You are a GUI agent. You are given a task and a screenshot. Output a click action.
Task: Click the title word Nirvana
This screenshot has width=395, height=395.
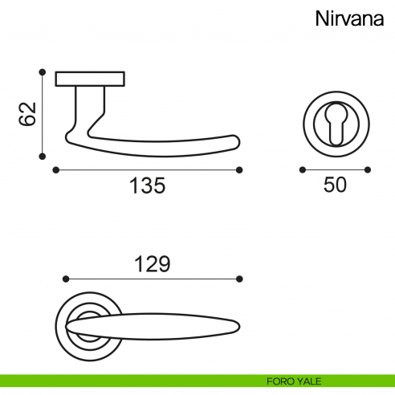(x=349, y=18)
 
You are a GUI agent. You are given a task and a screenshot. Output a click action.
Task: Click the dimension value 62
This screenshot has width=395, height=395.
(x=27, y=114)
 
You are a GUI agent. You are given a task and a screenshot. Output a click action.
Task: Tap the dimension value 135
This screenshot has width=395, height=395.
(x=148, y=185)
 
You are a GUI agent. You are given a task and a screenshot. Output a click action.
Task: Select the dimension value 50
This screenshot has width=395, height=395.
(x=335, y=185)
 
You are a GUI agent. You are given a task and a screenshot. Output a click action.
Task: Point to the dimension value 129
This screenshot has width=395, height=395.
(x=152, y=264)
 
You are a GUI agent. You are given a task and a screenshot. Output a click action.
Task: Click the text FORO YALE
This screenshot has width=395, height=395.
(x=294, y=381)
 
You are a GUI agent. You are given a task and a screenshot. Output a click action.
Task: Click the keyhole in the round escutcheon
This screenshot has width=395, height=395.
(x=336, y=124)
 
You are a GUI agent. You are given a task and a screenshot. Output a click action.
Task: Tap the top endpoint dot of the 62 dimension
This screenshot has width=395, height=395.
(x=43, y=72)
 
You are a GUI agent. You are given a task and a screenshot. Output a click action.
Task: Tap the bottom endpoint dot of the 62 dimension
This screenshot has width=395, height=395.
(x=43, y=157)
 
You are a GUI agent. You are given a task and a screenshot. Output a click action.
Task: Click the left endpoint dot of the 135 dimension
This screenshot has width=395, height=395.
(x=55, y=170)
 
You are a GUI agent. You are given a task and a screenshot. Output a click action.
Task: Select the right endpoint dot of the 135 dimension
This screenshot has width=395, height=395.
(x=239, y=170)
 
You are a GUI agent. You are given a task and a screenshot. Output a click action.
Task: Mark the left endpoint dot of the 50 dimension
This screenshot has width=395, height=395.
(x=303, y=169)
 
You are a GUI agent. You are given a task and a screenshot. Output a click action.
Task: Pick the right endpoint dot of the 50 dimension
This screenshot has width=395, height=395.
(x=368, y=169)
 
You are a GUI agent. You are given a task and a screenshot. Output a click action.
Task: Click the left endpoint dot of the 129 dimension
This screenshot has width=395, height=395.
(x=66, y=279)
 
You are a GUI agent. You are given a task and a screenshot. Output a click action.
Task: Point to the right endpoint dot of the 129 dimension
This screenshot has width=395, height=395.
(x=239, y=279)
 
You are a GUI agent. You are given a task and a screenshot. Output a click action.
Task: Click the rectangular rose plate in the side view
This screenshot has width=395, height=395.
(x=90, y=79)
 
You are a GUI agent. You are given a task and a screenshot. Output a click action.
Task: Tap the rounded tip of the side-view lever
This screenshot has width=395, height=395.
(x=238, y=142)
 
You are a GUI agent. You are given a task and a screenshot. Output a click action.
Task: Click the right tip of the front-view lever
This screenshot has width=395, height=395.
(x=239, y=327)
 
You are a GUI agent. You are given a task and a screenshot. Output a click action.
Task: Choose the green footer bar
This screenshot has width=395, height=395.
(x=197, y=381)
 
